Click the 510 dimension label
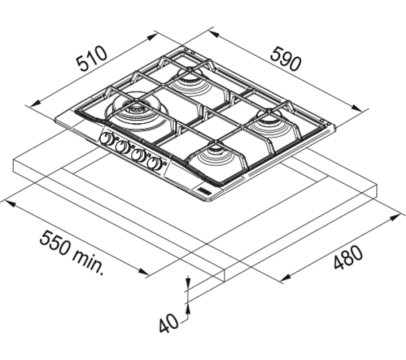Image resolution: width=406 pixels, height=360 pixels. click(x=91, y=59)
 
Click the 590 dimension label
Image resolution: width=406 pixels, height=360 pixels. click(x=286, y=59)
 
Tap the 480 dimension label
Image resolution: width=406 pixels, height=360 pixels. click(x=348, y=256)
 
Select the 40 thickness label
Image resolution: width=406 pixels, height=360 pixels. click(x=168, y=323)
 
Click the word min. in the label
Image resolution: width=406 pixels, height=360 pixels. click(x=89, y=263)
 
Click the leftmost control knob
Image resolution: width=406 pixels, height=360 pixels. click(x=106, y=139)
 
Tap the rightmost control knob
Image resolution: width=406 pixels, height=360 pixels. click(x=154, y=163)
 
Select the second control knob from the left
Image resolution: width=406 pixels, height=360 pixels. click(x=122, y=147)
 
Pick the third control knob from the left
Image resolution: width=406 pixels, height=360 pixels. click(x=139, y=155)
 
